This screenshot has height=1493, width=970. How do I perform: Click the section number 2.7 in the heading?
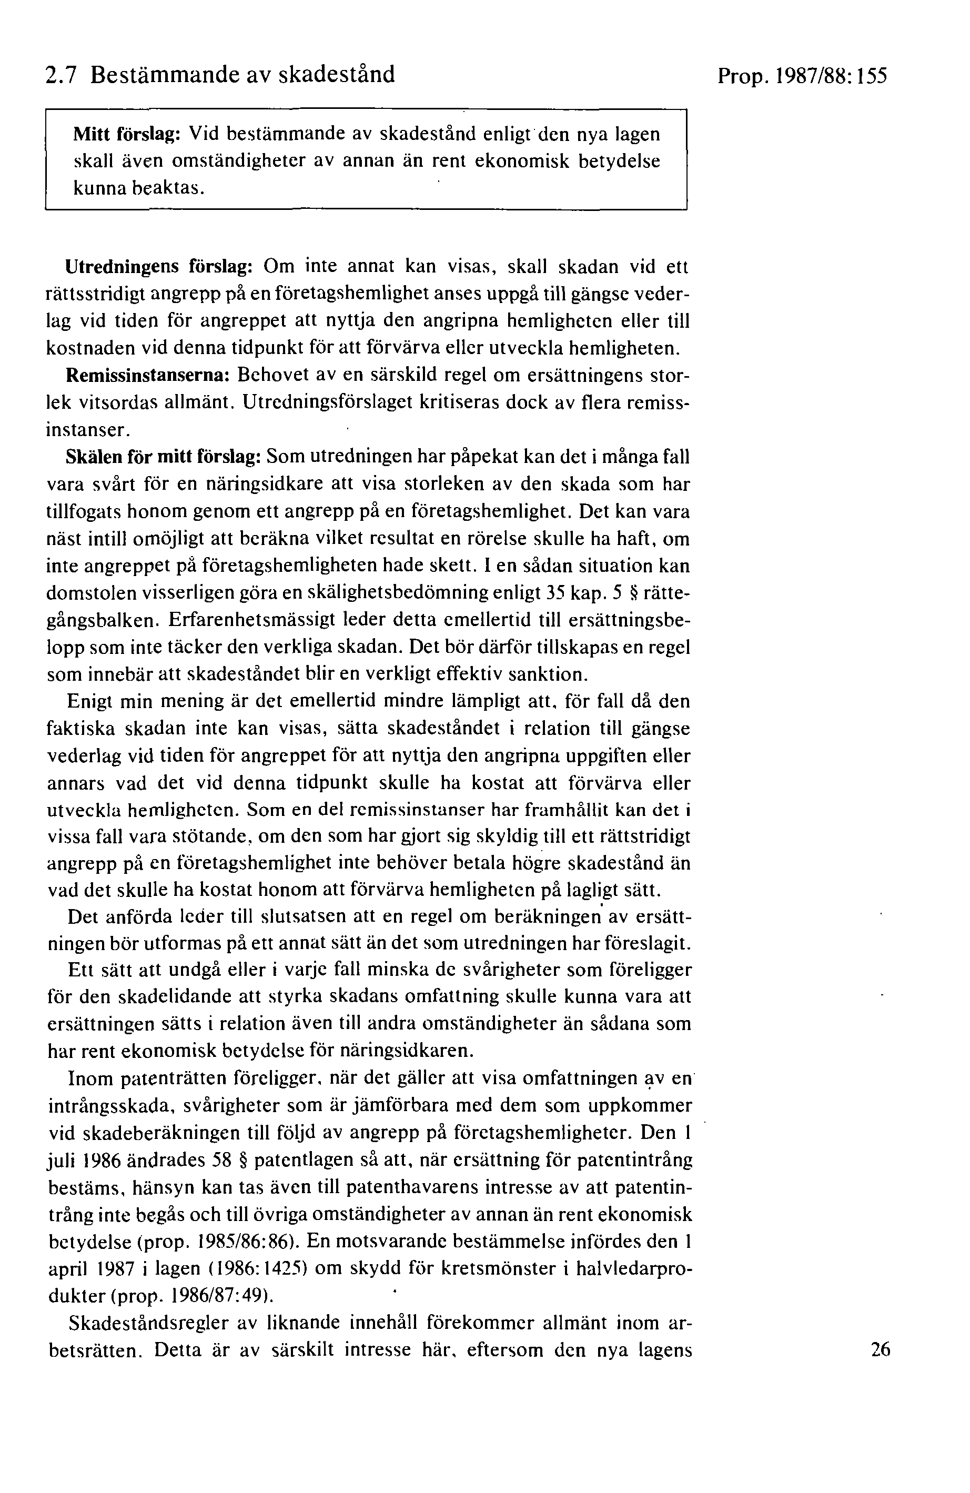[62, 75]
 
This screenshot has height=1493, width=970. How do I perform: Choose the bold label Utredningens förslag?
[159, 267]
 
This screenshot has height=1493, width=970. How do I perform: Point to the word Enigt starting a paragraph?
[89, 701]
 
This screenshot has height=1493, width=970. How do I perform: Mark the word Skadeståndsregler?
[147, 1323]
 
